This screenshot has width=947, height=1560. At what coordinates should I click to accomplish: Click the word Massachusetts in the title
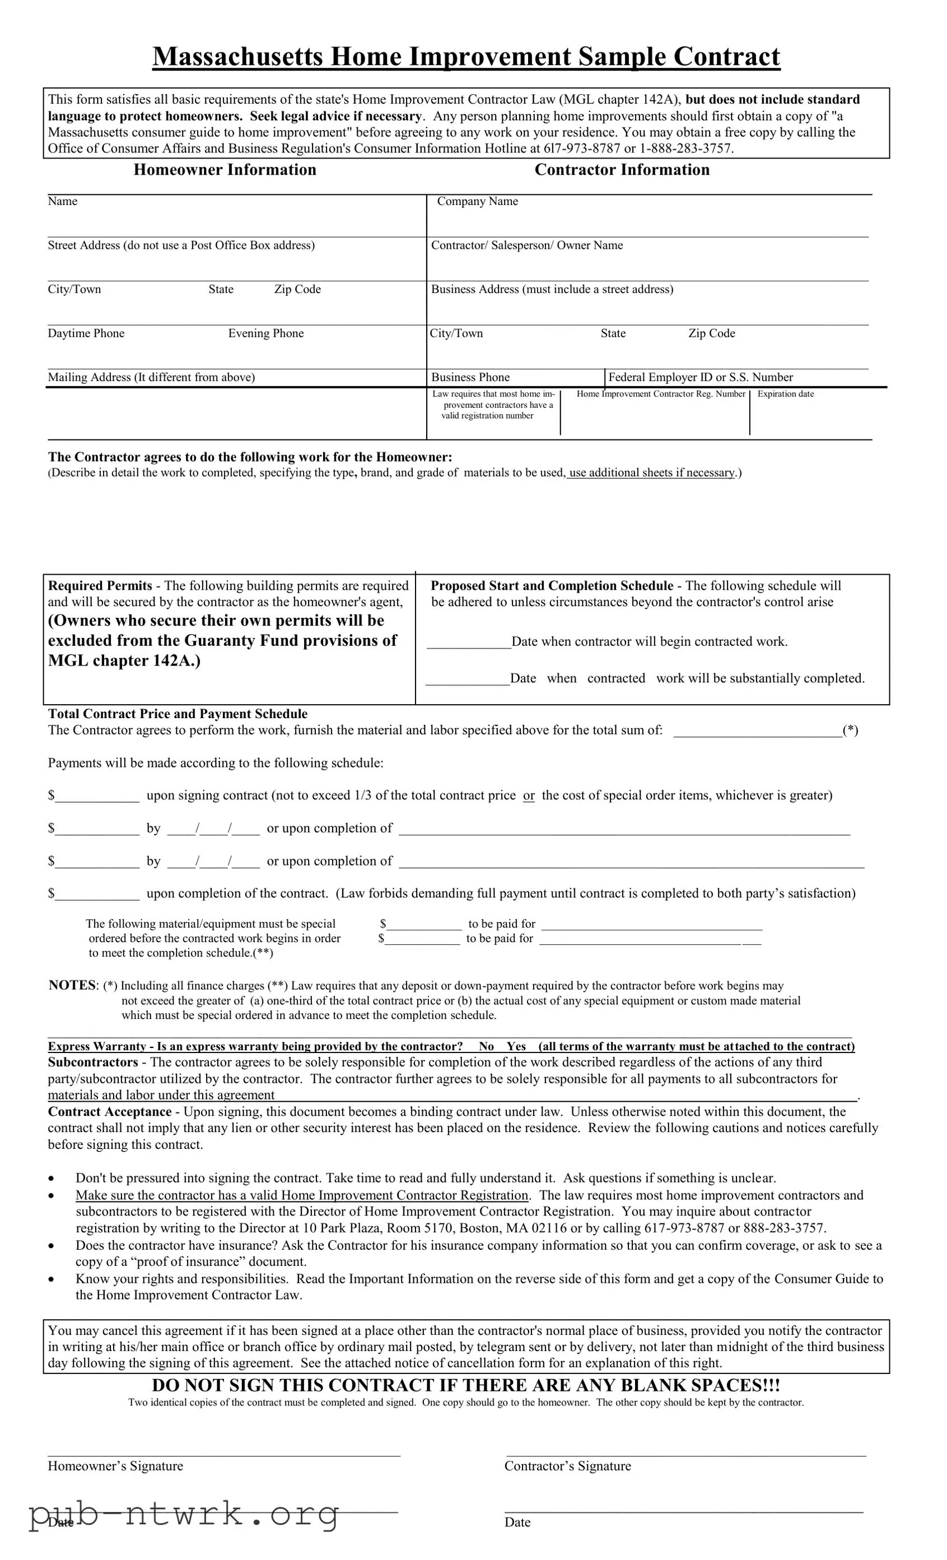click(x=238, y=57)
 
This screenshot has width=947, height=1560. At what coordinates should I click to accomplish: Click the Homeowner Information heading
click(x=225, y=170)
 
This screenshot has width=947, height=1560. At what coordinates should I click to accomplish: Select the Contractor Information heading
click(x=622, y=170)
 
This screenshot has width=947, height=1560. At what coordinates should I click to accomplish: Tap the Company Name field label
click(x=477, y=201)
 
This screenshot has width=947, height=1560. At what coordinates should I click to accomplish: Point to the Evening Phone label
click(x=266, y=334)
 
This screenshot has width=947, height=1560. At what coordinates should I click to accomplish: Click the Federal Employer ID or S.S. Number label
click(x=700, y=378)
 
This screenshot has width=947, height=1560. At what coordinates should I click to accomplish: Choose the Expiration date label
click(x=786, y=394)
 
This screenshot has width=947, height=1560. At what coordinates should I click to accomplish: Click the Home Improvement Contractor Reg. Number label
click(x=661, y=394)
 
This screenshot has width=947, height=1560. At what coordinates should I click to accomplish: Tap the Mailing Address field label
click(x=151, y=378)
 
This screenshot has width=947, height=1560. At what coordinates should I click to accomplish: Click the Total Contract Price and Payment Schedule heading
click(x=178, y=714)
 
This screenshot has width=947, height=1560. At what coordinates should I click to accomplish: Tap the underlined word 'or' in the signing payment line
click(x=529, y=796)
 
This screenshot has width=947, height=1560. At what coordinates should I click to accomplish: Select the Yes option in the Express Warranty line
click(x=516, y=1046)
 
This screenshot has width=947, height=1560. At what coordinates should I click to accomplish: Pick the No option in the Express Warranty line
click(x=486, y=1046)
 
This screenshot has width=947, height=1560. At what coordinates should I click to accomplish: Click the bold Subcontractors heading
click(x=93, y=1063)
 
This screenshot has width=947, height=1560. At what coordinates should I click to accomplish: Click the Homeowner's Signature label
click(x=115, y=1466)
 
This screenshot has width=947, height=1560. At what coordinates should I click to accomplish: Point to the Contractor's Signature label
click(x=567, y=1466)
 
